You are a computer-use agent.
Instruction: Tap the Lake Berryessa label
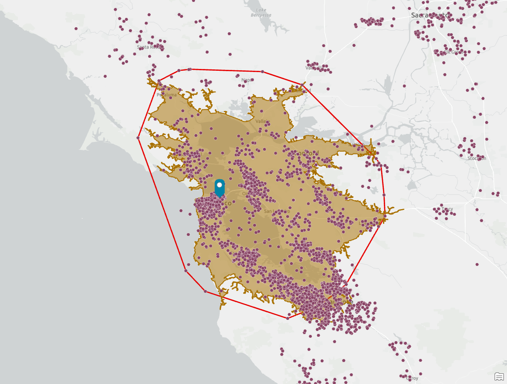point(261,12)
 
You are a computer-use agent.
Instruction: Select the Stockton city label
point(477,158)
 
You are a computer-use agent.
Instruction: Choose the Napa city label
point(246,80)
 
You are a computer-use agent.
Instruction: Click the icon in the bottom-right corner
point(499,376)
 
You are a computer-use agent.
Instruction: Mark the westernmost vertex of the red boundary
point(138,138)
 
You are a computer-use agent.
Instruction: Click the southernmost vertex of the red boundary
point(288,318)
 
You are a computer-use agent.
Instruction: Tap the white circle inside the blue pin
point(219,184)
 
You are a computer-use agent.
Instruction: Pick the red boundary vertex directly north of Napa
point(262,72)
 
